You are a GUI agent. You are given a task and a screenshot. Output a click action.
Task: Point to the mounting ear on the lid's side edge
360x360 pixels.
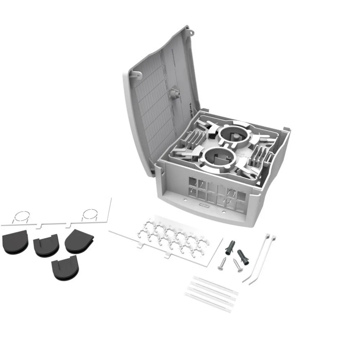coord(136,75)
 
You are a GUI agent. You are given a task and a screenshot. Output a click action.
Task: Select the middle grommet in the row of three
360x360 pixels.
coord(46,245)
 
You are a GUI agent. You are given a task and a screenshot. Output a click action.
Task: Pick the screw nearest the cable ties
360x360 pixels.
coord(237,266)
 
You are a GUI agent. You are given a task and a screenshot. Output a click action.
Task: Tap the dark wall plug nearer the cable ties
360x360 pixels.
coord(242,256)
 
